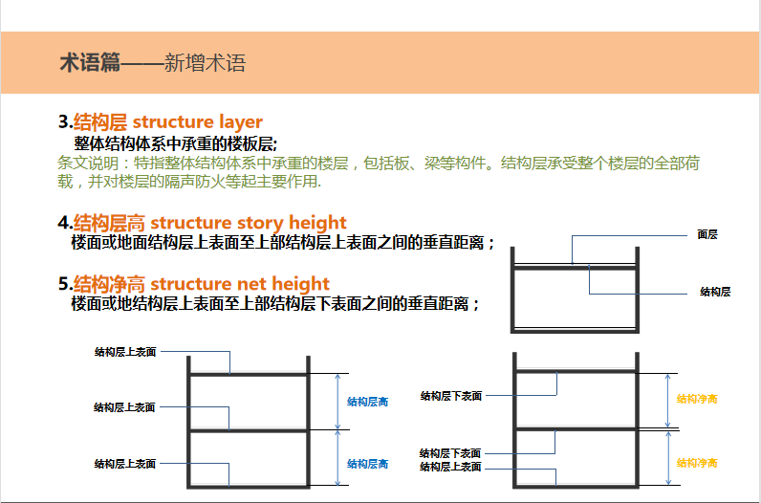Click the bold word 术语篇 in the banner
click(x=90, y=62)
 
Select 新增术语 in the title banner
click(x=205, y=63)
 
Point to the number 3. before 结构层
click(x=66, y=121)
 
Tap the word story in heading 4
click(x=260, y=223)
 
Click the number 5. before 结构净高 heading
click(x=66, y=284)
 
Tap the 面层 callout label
click(x=707, y=234)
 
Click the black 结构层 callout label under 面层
click(x=715, y=292)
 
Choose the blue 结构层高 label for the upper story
click(x=367, y=402)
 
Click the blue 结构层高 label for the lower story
click(x=367, y=464)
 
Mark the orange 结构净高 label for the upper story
click(x=697, y=399)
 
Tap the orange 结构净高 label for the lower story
click(x=697, y=463)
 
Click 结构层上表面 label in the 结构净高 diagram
click(x=450, y=467)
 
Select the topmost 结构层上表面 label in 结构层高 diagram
click(x=125, y=352)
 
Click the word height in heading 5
click(x=300, y=284)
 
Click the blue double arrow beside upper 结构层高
click(x=338, y=402)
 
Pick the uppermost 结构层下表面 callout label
click(x=451, y=396)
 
